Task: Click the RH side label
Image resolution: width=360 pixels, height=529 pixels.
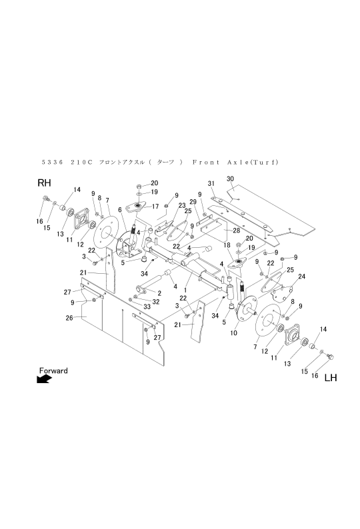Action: click(x=44, y=183)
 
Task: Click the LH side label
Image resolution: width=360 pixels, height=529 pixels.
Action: click(x=331, y=378)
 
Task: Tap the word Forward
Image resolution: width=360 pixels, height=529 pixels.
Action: click(x=53, y=370)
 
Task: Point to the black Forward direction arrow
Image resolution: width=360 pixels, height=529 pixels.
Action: click(x=45, y=379)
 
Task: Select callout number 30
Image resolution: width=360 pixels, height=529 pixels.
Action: click(x=231, y=179)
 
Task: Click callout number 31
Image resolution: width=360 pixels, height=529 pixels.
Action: click(x=210, y=183)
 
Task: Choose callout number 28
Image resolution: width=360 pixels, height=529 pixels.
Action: click(x=236, y=230)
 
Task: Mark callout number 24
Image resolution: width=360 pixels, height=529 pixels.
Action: click(x=301, y=276)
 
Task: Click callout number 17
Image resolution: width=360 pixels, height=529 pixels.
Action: click(x=155, y=206)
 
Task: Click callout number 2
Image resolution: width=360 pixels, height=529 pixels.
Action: click(x=159, y=292)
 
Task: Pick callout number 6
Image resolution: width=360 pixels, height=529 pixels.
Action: click(x=120, y=209)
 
